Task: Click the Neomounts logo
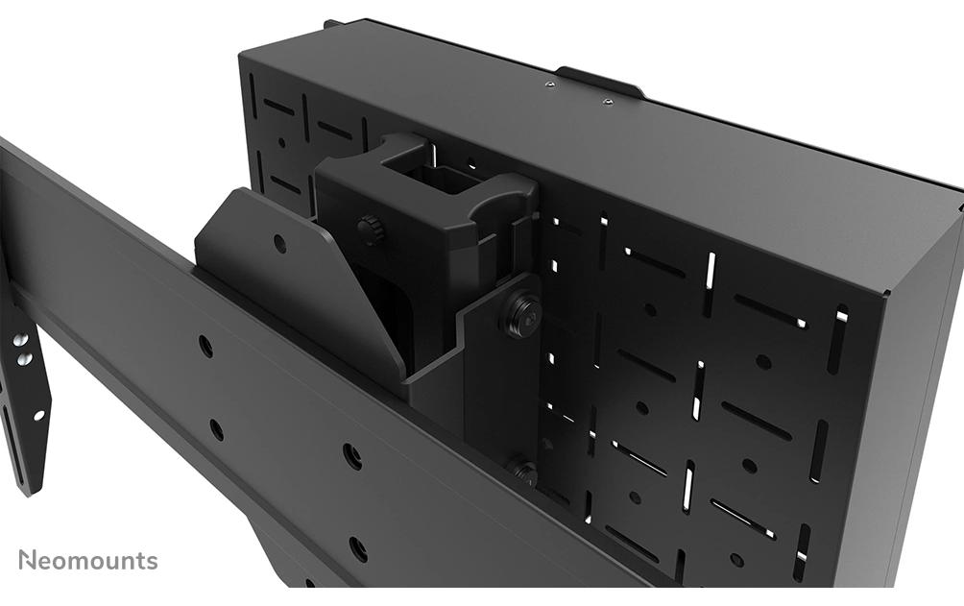(x=88, y=560)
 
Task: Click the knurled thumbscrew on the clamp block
(x=369, y=229)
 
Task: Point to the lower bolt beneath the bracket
(x=523, y=470)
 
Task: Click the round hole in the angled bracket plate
(x=279, y=244)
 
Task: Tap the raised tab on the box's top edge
(x=599, y=81)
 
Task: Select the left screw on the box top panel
(x=549, y=85)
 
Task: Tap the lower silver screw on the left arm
(x=25, y=360)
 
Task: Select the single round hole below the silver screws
(x=38, y=416)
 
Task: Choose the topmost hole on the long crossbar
(x=205, y=346)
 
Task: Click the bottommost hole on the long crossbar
(x=358, y=548)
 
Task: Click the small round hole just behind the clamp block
(x=470, y=163)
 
